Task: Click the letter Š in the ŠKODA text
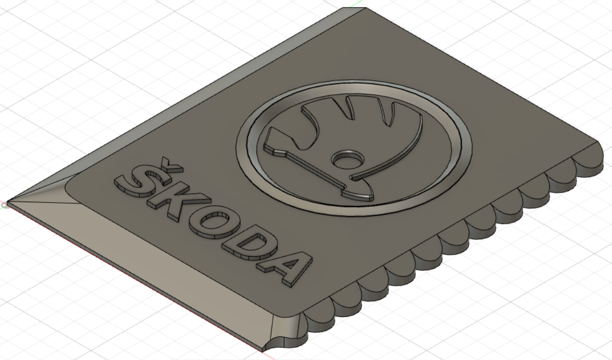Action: (x=134, y=183)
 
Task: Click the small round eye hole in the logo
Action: (x=346, y=159)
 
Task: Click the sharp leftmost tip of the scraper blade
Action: (x=7, y=203)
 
